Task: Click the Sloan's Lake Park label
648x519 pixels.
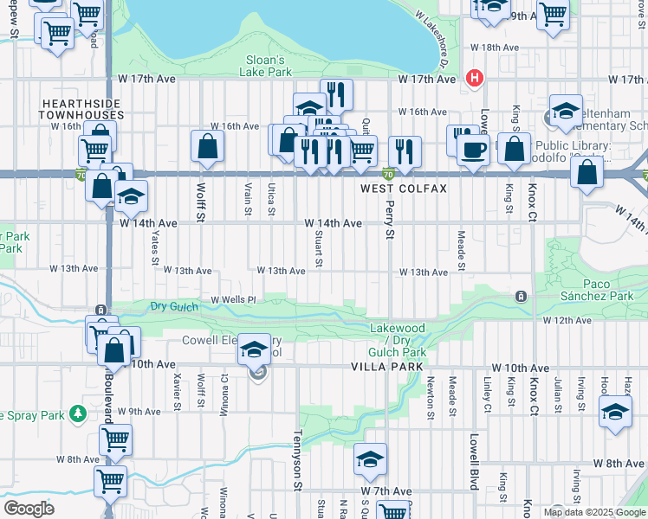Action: point(266,67)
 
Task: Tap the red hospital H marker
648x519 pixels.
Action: point(474,78)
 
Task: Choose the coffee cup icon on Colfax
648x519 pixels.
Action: point(472,151)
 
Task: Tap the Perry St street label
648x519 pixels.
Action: point(389,222)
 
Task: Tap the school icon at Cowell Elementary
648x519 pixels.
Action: point(254,349)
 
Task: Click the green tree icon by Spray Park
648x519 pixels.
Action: point(79,415)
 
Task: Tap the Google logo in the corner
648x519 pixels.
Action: point(29,508)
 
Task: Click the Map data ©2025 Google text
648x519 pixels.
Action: point(594,512)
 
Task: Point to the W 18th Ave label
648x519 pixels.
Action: point(494,48)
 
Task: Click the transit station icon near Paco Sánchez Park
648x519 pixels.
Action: point(520,297)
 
